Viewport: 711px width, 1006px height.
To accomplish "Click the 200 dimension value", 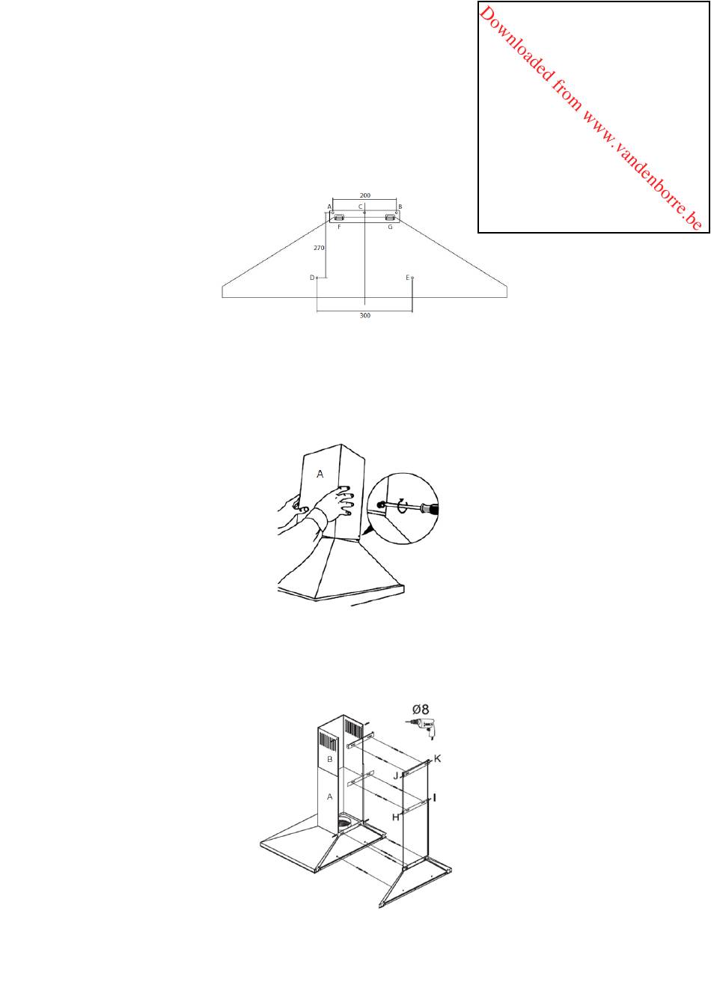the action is (364, 195).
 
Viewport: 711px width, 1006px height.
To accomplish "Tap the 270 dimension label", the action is (318, 248).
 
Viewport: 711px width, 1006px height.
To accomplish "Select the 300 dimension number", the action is (364, 315).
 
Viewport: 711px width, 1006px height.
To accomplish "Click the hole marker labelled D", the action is (317, 278).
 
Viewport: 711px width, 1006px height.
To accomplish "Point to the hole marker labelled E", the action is (412, 278).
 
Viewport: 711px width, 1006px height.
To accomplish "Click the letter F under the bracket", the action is (339, 227).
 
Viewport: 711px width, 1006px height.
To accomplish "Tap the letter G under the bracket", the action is (390, 227).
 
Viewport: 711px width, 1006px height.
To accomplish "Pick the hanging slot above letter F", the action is (339, 217).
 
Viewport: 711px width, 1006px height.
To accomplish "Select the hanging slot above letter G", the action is (390, 217).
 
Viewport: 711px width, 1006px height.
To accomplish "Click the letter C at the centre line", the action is (360, 207).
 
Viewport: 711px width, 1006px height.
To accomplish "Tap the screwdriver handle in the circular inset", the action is (428, 510).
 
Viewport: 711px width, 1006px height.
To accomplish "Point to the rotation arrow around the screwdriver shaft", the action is (403, 507).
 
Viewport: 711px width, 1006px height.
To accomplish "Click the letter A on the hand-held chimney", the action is (320, 474).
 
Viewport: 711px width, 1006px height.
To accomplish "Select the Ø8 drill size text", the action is (421, 709).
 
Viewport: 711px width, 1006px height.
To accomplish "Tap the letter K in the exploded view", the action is (438, 758).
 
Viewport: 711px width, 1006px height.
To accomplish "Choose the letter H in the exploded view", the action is (396, 817).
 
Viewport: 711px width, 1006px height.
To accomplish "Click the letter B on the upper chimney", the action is (329, 759).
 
